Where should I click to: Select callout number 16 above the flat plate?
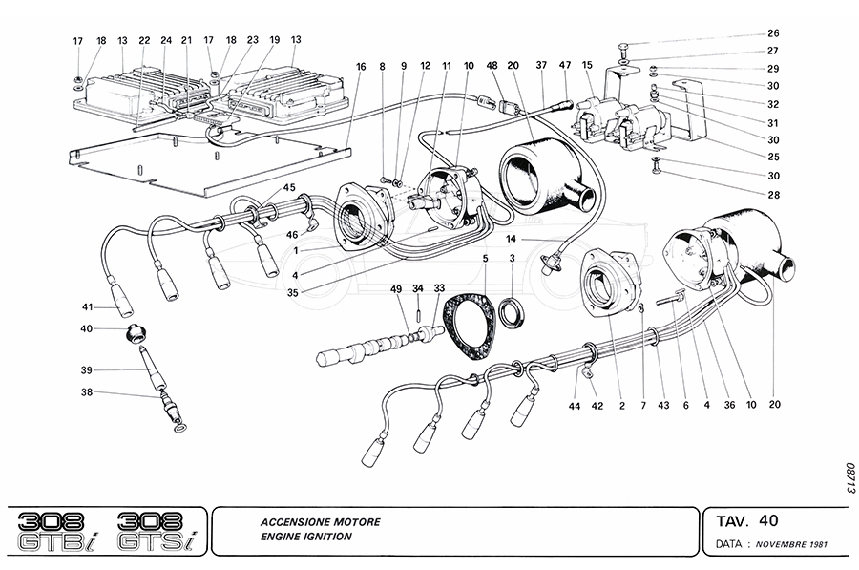(x=361, y=66)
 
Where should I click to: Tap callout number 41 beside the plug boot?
(x=88, y=307)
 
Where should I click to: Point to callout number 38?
(x=88, y=391)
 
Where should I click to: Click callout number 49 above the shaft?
(x=396, y=288)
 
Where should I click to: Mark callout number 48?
(x=492, y=66)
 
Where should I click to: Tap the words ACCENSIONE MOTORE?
(x=319, y=522)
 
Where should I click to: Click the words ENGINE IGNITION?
(x=305, y=537)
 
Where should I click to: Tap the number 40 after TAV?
(x=768, y=520)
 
